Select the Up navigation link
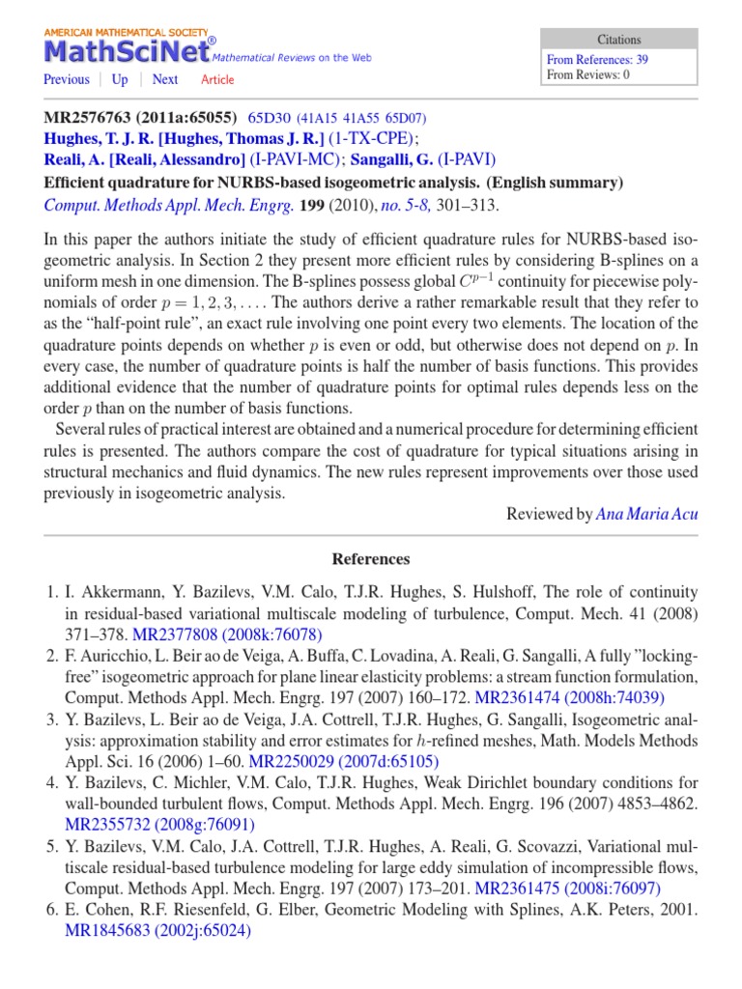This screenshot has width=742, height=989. [120, 80]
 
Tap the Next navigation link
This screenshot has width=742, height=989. [165, 80]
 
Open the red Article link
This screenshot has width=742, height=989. [217, 80]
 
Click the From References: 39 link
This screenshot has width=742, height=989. [597, 59]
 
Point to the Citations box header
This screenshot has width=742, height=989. [618, 40]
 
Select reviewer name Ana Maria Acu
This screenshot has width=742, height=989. [646, 515]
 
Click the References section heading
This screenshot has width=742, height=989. [371, 559]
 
